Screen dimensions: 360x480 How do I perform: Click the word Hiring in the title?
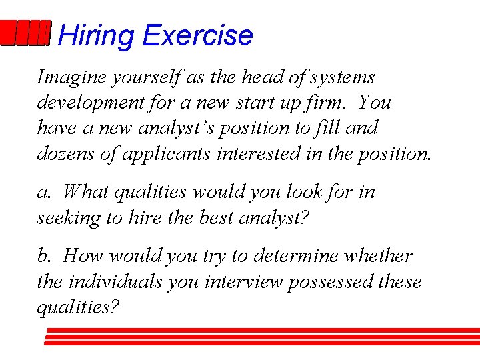click(x=95, y=35)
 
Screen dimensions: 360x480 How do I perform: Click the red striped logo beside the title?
click(x=25, y=33)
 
